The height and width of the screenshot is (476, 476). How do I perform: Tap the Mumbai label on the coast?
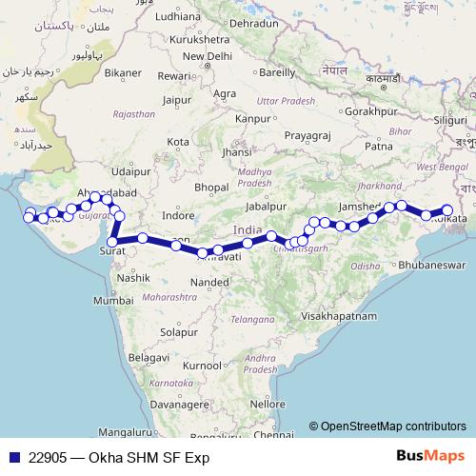tap(121, 300)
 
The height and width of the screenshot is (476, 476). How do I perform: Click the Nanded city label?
tap(208, 283)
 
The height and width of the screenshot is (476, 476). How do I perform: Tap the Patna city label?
tap(379, 146)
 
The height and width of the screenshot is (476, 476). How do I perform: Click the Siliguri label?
tap(445, 121)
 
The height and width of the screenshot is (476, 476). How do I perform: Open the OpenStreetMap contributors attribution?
tap(393, 426)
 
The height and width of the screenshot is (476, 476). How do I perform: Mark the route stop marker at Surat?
tap(112, 242)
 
